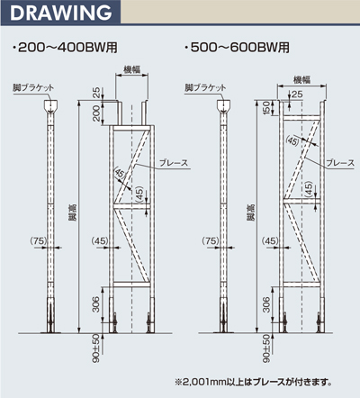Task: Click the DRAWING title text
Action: (x=60, y=13)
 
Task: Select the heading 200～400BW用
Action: (x=65, y=48)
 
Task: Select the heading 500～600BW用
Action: (x=238, y=48)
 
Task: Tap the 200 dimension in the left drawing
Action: (x=96, y=113)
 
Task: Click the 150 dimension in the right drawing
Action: (x=266, y=108)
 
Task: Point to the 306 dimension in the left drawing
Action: (x=95, y=304)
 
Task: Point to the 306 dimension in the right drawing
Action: (x=266, y=304)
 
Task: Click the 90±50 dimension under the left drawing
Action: (x=95, y=348)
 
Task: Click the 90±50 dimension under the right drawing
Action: (x=266, y=348)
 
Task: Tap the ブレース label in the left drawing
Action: (x=174, y=163)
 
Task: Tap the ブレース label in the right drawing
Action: (x=340, y=163)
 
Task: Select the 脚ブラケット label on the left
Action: (x=33, y=87)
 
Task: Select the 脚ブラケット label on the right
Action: (x=205, y=87)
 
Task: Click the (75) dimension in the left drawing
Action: (x=39, y=240)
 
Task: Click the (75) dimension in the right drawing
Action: (x=211, y=240)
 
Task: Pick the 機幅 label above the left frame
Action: (x=132, y=69)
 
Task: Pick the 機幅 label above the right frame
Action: (x=301, y=79)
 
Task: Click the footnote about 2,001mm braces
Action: (x=254, y=382)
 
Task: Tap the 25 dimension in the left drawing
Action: (x=96, y=93)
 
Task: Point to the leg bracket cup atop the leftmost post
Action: (x=51, y=106)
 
